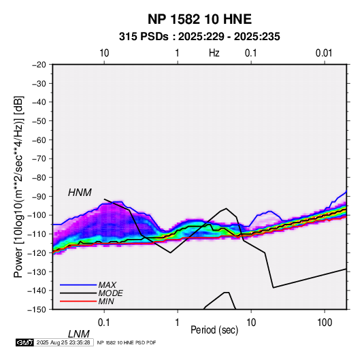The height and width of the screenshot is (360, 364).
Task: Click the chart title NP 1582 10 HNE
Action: point(199,19)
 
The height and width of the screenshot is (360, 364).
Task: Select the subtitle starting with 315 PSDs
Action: point(199,37)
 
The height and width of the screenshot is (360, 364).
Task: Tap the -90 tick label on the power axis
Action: point(39,196)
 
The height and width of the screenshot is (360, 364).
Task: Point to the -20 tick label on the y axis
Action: point(39,65)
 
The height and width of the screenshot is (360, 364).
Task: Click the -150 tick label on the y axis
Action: point(37,310)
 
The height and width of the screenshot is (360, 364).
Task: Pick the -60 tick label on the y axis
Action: point(39,140)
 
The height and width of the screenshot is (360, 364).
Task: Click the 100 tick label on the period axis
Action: point(325,323)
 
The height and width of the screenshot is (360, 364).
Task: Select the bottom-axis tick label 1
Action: point(177,323)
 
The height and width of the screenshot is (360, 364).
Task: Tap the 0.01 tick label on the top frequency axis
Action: point(324,53)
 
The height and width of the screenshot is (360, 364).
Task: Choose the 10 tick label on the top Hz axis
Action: point(104,53)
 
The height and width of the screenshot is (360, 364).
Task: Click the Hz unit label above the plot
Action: point(214,53)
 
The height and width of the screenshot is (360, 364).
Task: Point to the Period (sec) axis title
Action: point(214,330)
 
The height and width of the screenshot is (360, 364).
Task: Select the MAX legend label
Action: point(107,284)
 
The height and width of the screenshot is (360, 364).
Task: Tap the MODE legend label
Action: point(110,293)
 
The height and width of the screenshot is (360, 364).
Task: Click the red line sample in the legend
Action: point(78,301)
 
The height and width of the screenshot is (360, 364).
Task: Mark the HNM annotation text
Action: point(80,193)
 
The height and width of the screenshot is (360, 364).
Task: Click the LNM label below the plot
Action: point(78,334)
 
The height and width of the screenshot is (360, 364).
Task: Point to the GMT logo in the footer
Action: point(24,342)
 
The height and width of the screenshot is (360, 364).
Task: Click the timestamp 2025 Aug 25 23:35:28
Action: point(63,342)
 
